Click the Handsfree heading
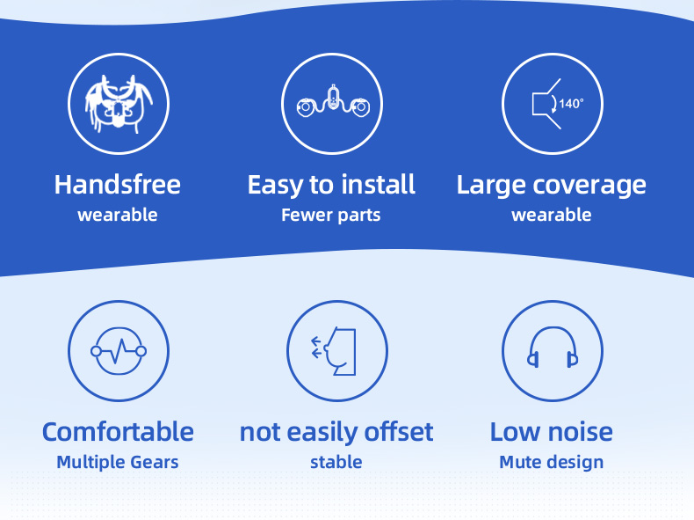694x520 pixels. [x=118, y=185]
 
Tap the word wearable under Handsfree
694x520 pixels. [x=118, y=215]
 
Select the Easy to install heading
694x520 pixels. [x=331, y=186]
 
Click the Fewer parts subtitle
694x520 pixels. [x=331, y=216]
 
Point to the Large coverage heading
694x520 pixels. [x=551, y=186]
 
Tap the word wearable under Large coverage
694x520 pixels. [x=552, y=215]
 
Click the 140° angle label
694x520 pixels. [x=571, y=104]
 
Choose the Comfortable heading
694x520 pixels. [x=118, y=432]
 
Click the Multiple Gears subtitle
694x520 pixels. [x=118, y=463]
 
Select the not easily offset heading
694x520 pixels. [x=336, y=432]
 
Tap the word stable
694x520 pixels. [x=336, y=463]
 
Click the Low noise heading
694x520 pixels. [x=552, y=432]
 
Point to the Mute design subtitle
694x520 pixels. [x=552, y=463]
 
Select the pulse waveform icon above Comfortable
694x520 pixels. [x=119, y=352]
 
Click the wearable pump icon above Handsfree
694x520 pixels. [x=119, y=104]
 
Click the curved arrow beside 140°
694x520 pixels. [x=553, y=104]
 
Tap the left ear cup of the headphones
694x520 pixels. [x=533, y=360]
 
